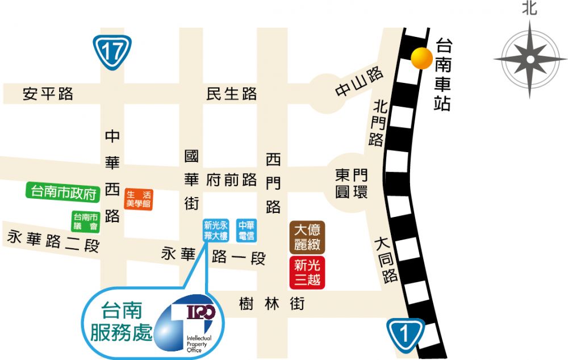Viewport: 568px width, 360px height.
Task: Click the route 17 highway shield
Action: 112,51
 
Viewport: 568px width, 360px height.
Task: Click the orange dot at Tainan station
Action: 421,58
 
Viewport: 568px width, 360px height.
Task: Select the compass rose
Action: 529,59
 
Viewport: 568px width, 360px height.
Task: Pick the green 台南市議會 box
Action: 85,221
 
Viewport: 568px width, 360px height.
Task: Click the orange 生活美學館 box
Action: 139,199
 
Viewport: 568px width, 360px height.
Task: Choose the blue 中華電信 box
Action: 247,229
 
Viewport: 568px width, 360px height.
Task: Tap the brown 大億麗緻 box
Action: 307,237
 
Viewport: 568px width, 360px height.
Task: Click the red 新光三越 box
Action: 307,272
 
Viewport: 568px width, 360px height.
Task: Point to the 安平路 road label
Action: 48,94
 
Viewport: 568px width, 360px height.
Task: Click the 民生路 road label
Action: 232,94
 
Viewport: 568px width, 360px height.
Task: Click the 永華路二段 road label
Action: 53,242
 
